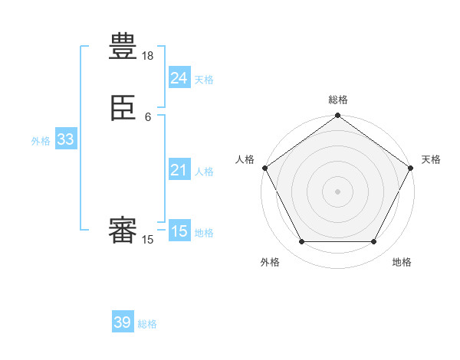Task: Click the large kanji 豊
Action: pyautogui.click(x=123, y=47)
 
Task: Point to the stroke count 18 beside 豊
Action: pyautogui.click(x=148, y=56)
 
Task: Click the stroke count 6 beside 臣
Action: pyautogui.click(x=148, y=116)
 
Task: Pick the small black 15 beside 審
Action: pyautogui.click(x=148, y=240)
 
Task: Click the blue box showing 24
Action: pyautogui.click(x=179, y=78)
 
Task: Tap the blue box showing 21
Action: pyautogui.click(x=179, y=170)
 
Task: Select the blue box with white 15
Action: pyautogui.click(x=179, y=231)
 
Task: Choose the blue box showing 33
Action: pyautogui.click(x=65, y=139)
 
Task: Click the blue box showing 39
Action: pyautogui.click(x=123, y=322)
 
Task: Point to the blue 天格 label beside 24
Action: pyautogui.click(x=204, y=80)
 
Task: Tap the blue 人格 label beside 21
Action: pyautogui.click(x=204, y=172)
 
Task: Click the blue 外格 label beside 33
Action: pyautogui.click(x=41, y=141)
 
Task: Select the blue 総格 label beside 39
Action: pyautogui.click(x=147, y=324)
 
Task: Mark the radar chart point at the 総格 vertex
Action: pyautogui.click(x=337, y=116)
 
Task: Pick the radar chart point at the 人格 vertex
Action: pyautogui.click(x=264, y=168)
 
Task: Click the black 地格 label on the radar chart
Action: pyautogui.click(x=402, y=263)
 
